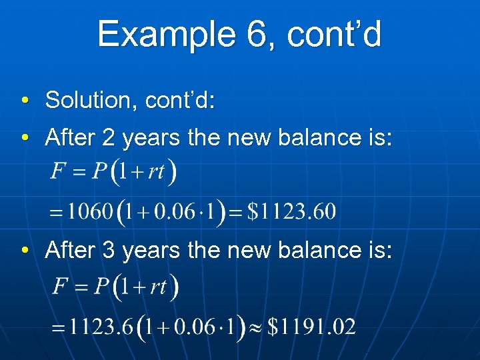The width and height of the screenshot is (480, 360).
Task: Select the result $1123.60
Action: [x=292, y=212]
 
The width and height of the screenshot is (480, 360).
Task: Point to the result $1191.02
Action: [x=312, y=327]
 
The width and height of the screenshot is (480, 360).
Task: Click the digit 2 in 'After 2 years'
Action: [x=109, y=137]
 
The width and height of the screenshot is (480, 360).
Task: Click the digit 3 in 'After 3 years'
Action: [x=109, y=250]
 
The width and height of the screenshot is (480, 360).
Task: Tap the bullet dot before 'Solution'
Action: [x=24, y=101]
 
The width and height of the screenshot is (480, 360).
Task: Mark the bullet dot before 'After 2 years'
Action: [x=24, y=138]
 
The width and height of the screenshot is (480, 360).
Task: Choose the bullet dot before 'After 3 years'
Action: [x=24, y=251]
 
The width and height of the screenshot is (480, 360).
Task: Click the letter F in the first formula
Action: [x=59, y=173]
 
